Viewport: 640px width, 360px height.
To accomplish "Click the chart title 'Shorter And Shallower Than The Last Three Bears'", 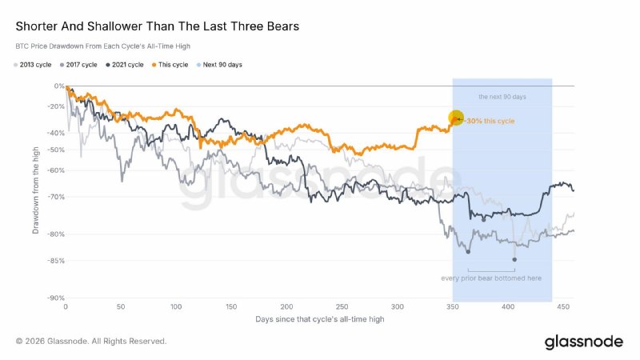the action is pos(157,26).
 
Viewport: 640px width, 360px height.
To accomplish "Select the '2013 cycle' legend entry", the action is pos(33,65).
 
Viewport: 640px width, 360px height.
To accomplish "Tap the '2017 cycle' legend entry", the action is pos(78,65).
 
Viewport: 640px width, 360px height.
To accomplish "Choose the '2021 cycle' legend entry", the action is pos(125,65).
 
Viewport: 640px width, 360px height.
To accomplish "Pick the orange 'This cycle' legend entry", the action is pos(170,65).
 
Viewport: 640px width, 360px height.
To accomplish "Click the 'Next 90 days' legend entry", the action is pos(219,65).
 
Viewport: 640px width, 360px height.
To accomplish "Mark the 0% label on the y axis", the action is pos(59,86).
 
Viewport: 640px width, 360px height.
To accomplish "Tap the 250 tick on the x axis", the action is pos(342,307).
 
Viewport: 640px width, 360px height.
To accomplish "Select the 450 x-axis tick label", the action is pos(563,307).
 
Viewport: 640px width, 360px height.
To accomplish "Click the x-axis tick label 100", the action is pos(176,307).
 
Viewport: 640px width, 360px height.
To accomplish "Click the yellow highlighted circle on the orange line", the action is pos(456,118).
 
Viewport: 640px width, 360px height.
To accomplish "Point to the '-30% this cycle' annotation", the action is pos(490,121).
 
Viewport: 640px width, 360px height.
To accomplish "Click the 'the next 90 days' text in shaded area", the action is pos(502,97).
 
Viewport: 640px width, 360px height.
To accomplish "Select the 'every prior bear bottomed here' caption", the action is pos(491,278).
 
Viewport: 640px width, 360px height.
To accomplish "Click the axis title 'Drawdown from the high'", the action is pos(35,190).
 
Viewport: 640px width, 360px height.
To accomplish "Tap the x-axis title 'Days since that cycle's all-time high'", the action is pos(319,319).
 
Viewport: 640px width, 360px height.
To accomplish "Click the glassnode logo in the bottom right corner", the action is pos(584,342).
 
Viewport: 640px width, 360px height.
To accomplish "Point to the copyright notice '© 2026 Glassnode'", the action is pos(52,342).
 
